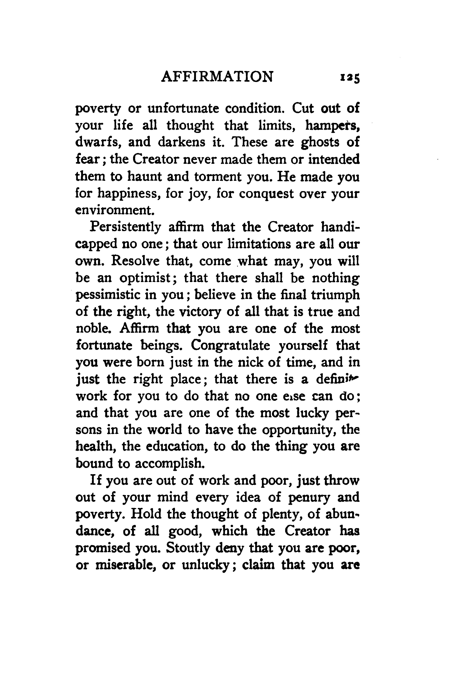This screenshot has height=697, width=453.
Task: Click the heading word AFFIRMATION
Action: click(217, 77)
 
